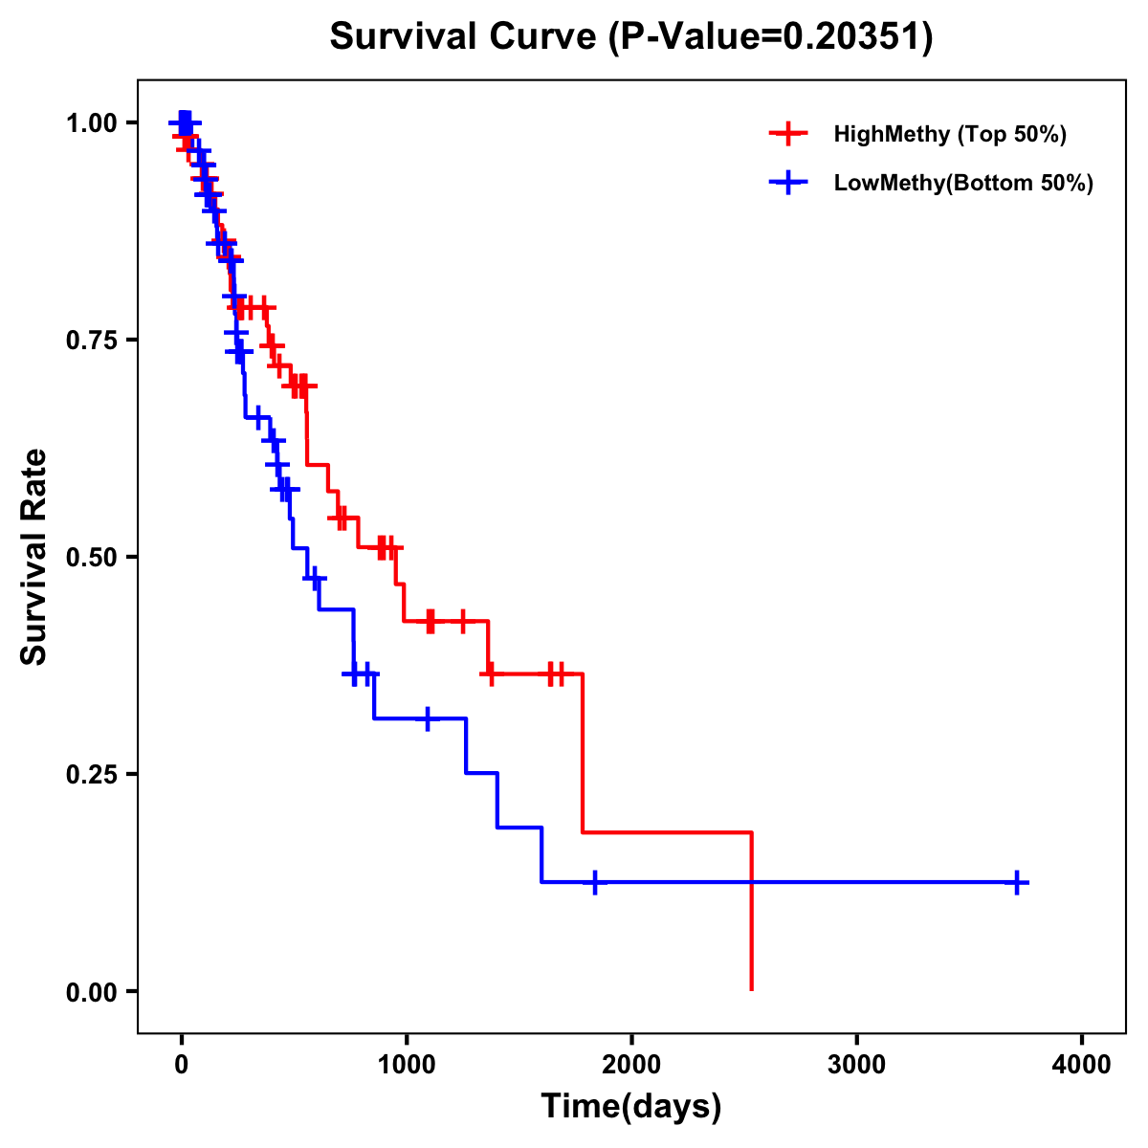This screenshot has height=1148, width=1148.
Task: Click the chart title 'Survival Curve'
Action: pos(465,37)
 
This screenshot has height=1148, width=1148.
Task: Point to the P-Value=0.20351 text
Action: pos(771,37)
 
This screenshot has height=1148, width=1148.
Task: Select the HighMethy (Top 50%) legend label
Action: pos(949,134)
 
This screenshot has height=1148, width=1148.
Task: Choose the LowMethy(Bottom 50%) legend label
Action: pos(963,184)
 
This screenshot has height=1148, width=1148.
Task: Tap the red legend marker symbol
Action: pos(787,134)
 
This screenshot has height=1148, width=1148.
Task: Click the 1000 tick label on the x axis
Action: pos(407,1065)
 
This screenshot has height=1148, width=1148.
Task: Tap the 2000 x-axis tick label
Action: pos(631,1065)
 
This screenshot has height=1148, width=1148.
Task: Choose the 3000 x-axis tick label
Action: pos(856,1065)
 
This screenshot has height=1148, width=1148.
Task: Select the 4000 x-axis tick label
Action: pos(1082,1065)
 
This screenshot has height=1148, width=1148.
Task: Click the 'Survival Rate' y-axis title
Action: pos(34,556)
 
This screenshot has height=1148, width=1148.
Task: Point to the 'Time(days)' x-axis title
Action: pos(631,1107)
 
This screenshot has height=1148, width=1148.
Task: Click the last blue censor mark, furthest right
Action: pos(1018,882)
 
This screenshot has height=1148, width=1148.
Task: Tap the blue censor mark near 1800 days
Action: pos(595,882)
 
